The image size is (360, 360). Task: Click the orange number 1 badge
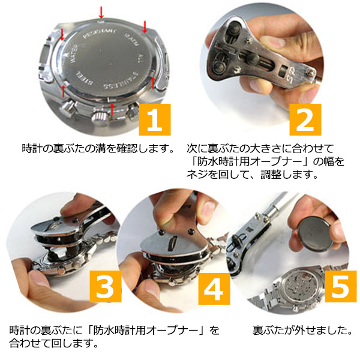pos(155,119)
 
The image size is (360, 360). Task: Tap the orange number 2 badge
pos(305,119)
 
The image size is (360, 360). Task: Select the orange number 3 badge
pos(106,286)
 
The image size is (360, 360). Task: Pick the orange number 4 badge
pos(214,289)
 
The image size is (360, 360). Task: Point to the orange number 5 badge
pos(341,286)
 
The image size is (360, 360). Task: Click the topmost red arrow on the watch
pos(101,13)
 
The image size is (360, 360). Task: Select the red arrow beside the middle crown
pos(112,109)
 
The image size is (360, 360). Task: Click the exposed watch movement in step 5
pos(300,287)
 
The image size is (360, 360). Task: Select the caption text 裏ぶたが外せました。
pos(302,330)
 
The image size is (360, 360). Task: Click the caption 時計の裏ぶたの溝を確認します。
pos(98,148)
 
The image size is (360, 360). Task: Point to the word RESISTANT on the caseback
pos(99,34)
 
